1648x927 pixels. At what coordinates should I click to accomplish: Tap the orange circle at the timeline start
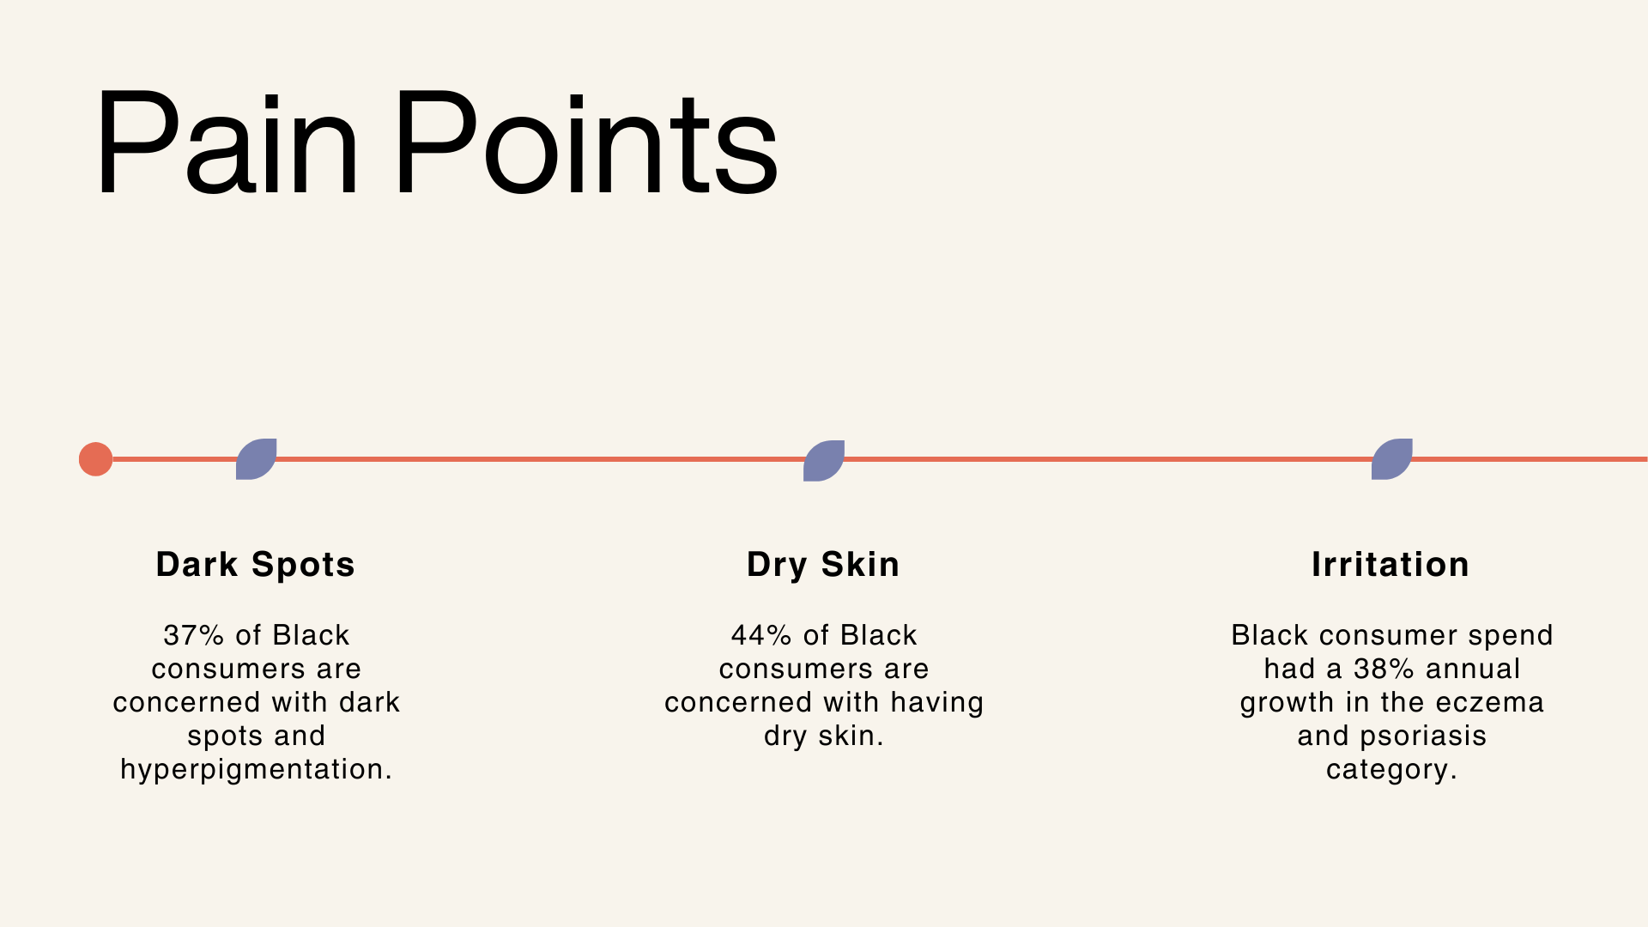[x=95, y=459]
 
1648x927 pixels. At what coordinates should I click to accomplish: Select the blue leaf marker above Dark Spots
[x=257, y=459]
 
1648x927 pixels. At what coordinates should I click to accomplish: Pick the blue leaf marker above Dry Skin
[x=824, y=461]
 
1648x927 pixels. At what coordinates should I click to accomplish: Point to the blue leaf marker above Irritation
[x=1392, y=459]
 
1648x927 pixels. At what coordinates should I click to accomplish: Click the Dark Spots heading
[x=256, y=565]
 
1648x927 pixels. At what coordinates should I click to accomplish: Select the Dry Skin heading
[x=823, y=565]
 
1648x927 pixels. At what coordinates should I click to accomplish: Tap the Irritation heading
[x=1390, y=565]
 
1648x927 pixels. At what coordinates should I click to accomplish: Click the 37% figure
[x=194, y=635]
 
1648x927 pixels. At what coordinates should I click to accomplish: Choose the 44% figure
[x=761, y=635]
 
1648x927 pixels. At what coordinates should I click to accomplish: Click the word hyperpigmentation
[x=256, y=770]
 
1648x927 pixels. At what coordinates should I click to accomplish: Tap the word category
[x=1391, y=770]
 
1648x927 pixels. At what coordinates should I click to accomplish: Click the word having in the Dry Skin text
[x=936, y=703]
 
